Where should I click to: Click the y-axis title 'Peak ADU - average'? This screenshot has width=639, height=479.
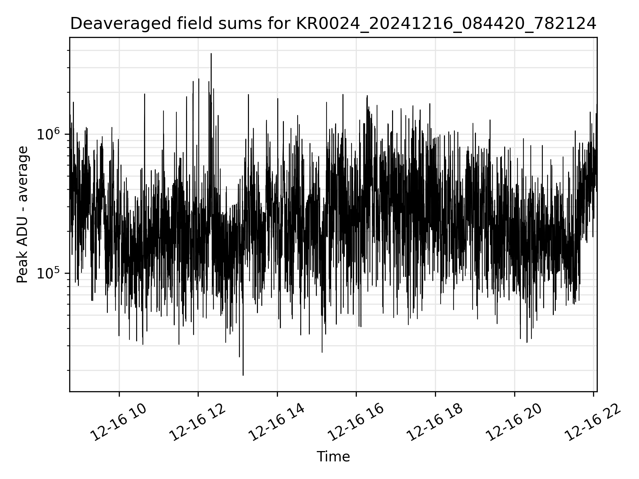tap(23, 215)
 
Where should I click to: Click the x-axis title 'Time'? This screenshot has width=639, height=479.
tap(333, 457)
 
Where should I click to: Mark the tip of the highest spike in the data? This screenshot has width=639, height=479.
tap(211, 54)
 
